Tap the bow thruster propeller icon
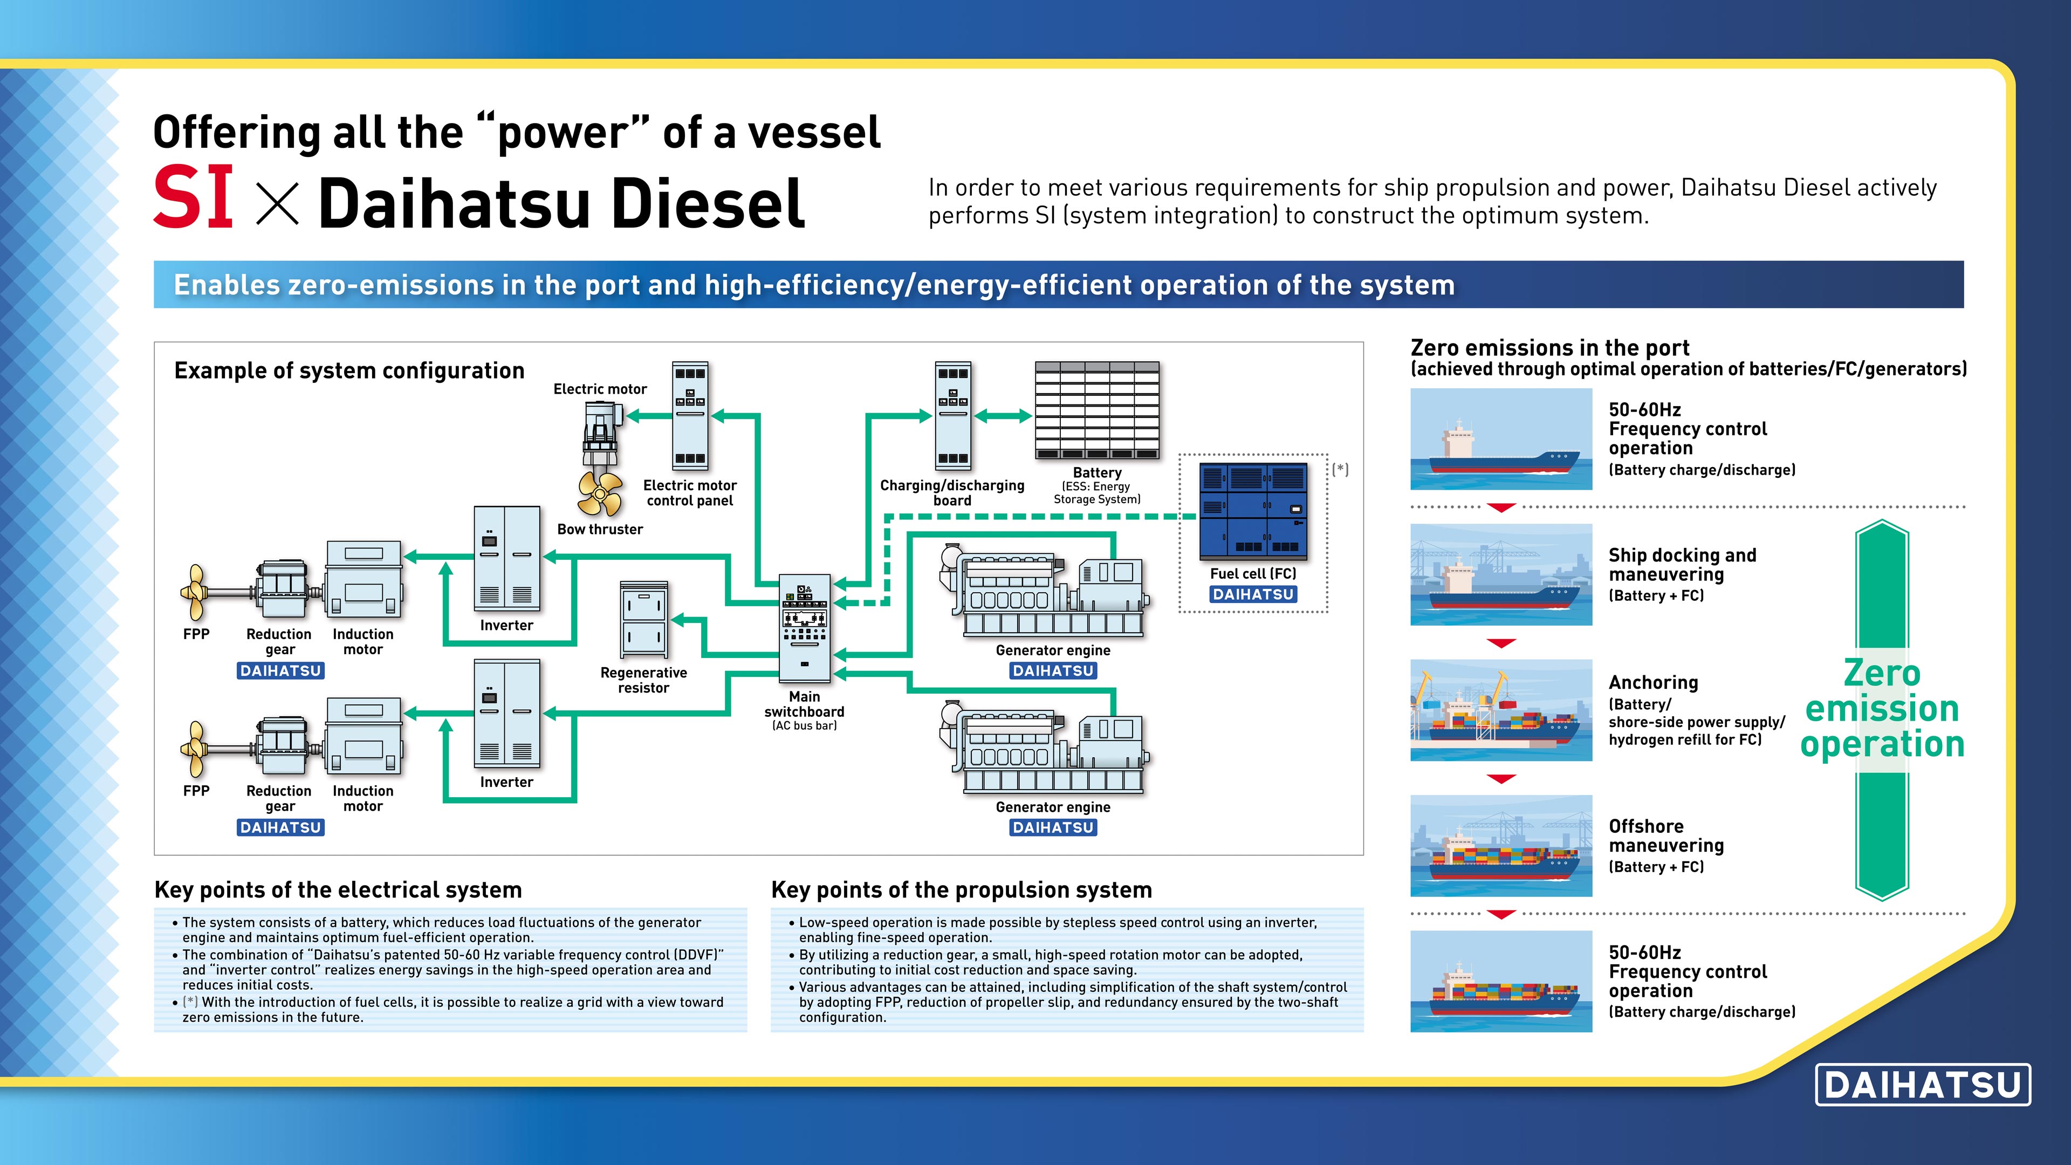(x=599, y=493)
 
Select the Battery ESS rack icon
(x=1096, y=410)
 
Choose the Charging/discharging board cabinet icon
(x=952, y=416)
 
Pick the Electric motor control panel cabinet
(x=690, y=416)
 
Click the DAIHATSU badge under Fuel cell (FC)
(x=1252, y=594)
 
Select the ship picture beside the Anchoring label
(x=1500, y=710)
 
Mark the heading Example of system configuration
(x=349, y=371)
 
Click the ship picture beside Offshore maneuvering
(x=1500, y=846)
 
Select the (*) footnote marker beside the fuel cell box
(x=1340, y=470)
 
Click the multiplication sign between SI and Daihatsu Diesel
(x=277, y=203)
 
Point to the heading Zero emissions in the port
(x=1549, y=348)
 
